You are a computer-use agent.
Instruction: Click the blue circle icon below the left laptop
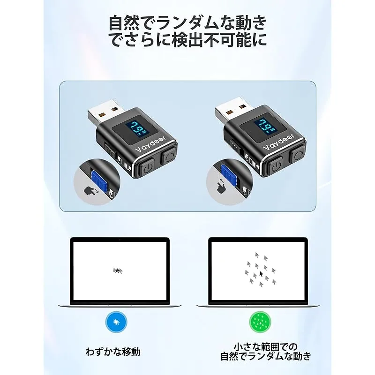point(116,322)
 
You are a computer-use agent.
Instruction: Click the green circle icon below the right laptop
point(260,322)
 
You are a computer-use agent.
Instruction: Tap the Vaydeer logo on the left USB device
point(150,144)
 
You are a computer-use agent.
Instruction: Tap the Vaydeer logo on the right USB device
point(278,142)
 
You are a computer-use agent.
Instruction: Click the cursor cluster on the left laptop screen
point(118,270)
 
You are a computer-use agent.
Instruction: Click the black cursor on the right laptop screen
point(261,274)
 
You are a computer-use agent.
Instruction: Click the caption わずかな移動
point(113,352)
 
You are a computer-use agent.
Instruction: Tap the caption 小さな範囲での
point(265,346)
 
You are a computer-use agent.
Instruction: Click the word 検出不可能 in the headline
point(211,39)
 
